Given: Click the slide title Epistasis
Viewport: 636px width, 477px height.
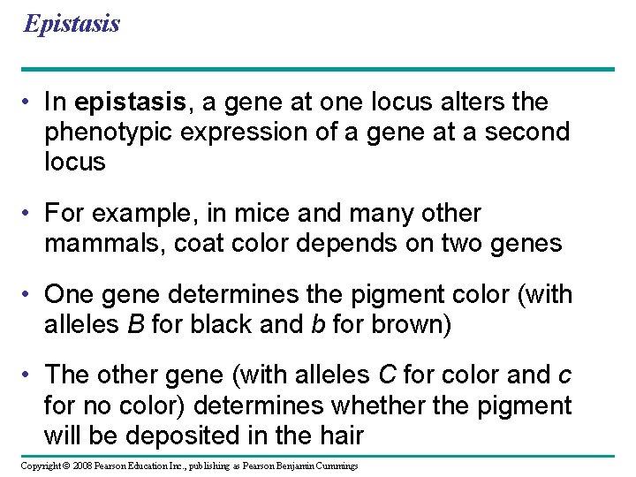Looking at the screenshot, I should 72,23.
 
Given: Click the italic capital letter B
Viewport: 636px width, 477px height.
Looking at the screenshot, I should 135,324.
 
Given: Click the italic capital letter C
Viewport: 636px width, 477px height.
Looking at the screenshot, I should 387,375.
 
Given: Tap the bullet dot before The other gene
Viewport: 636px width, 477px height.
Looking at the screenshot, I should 30,375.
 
